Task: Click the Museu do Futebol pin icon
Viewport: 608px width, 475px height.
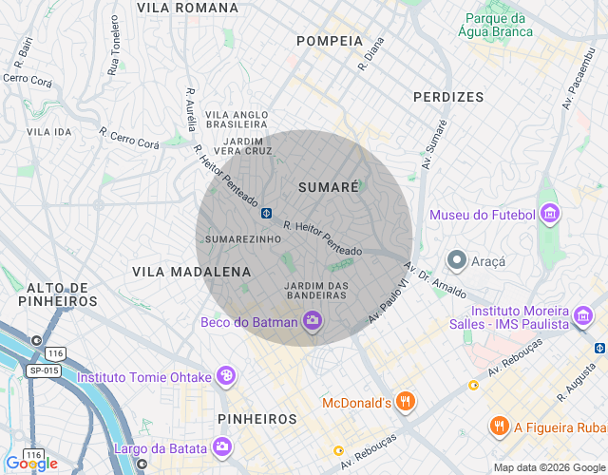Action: pos(549,215)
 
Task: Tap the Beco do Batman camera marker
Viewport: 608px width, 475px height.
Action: pos(312,322)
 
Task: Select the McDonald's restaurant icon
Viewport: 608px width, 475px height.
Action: pos(406,401)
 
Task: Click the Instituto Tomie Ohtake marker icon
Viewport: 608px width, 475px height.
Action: pos(226,376)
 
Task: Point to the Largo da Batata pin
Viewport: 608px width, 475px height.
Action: pos(220,446)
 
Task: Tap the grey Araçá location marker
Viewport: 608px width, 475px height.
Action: pos(457,259)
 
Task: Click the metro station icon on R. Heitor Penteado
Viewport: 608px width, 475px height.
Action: pos(268,211)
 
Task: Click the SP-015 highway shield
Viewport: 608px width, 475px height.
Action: pos(44,369)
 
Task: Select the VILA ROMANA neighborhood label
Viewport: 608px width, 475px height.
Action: pos(187,8)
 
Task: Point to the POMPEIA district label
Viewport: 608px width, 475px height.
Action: pos(330,41)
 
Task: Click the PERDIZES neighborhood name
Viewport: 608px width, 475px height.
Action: pos(448,97)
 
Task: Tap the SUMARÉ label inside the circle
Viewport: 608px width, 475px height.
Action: pos(329,187)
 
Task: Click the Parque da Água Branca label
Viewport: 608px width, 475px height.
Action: pos(496,25)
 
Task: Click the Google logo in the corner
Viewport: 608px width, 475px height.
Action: pos(31,464)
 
